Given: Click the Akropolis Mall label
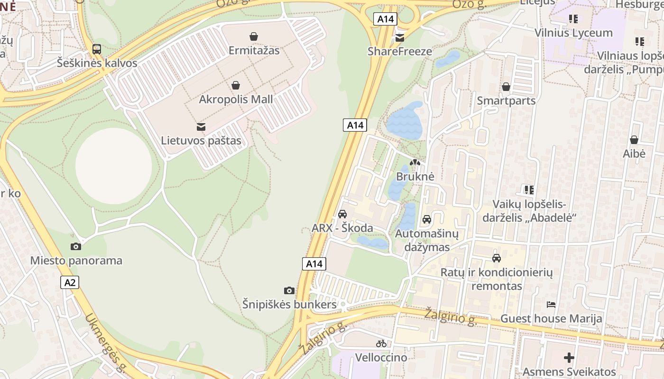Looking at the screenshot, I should [236, 99].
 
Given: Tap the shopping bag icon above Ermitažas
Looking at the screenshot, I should [254, 36].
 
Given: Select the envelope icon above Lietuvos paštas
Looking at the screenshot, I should [201, 126].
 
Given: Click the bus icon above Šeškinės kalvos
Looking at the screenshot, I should [97, 49].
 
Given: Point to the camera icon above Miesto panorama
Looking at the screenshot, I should [76, 246].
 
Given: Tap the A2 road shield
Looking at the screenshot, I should [70, 282].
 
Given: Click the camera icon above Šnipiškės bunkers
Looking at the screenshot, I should [289, 290].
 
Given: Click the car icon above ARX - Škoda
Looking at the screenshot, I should [342, 214].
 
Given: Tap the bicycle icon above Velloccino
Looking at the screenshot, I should [381, 343].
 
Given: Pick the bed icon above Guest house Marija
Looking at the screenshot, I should [551, 304].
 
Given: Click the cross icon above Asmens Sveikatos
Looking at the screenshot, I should [569, 358].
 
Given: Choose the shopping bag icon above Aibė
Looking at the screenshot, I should [634, 140].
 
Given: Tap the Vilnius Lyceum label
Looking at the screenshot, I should [573, 33].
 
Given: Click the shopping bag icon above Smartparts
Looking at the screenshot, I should [506, 87].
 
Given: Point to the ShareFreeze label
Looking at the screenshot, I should [400, 51].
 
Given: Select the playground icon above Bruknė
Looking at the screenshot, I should [415, 162].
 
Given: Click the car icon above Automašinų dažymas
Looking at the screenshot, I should [427, 219].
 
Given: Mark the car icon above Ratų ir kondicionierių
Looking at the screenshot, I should [497, 258].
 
